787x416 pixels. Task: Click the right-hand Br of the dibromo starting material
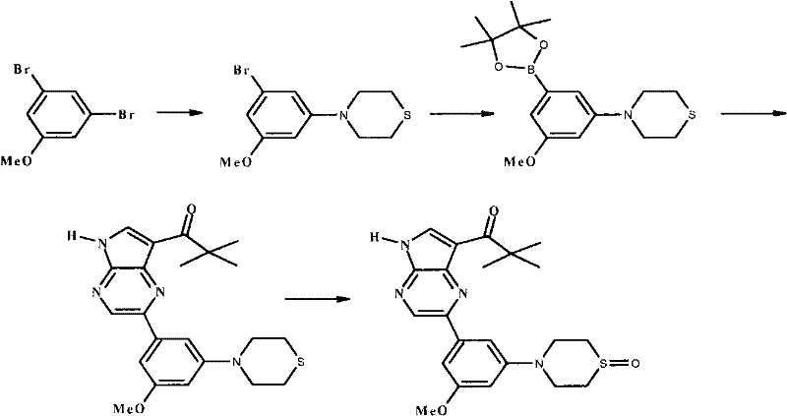tap(126, 114)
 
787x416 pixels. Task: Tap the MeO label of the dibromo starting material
tap(16, 161)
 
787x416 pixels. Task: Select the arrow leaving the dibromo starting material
tap(180, 113)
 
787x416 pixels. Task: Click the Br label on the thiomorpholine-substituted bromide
tap(242, 70)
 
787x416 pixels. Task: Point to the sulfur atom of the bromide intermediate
tap(407, 116)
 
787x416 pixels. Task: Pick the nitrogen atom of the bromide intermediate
tap(342, 116)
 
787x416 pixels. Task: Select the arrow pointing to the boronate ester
tap(461, 114)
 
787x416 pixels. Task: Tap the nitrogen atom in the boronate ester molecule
tap(628, 116)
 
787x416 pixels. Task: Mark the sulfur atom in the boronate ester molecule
tap(693, 116)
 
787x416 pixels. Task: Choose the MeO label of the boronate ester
tap(519, 161)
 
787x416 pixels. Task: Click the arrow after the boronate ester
tap(754, 113)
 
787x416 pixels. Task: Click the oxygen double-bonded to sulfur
tap(635, 363)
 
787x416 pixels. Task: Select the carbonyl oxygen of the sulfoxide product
tap(494, 210)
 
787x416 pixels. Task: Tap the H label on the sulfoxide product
tap(374, 237)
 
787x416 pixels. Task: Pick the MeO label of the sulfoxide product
tap(432, 411)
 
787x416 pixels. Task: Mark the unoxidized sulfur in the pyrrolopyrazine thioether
tap(300, 362)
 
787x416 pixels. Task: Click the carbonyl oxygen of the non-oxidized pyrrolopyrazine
tap(190, 208)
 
